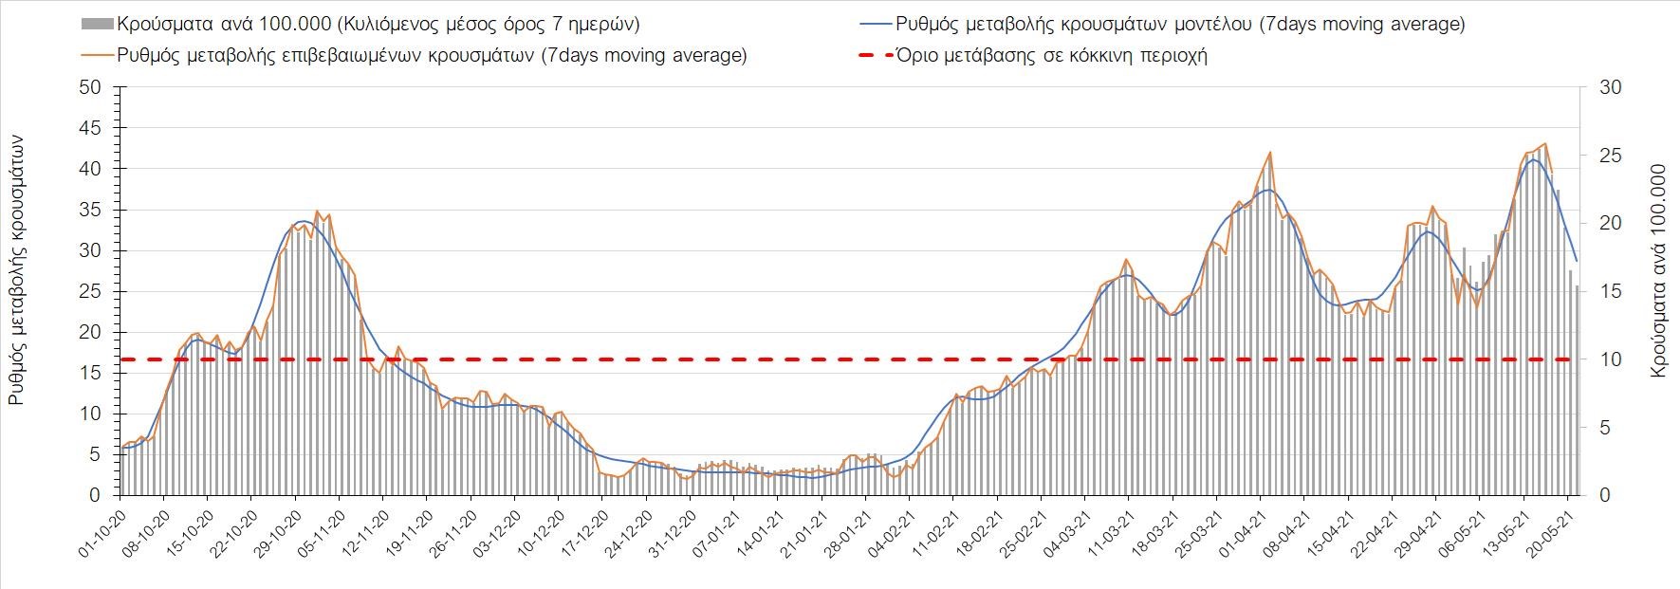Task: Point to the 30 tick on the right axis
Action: tap(1612, 87)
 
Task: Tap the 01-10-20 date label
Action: tap(102, 537)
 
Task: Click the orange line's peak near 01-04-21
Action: tap(1269, 153)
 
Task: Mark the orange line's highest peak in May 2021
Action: tap(1546, 144)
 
